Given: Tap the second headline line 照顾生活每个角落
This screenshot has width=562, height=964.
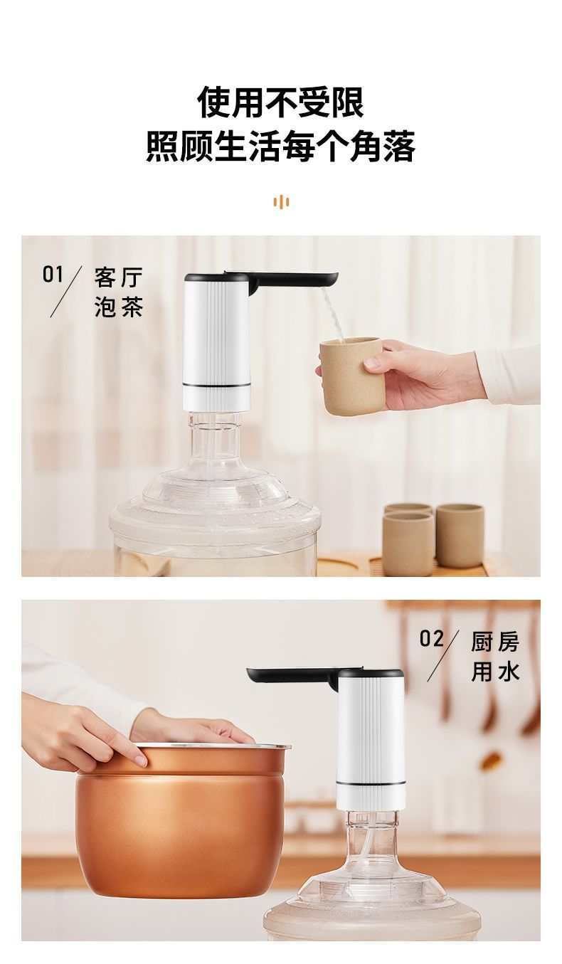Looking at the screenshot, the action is point(280,147).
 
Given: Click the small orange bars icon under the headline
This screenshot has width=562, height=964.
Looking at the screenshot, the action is point(281,202).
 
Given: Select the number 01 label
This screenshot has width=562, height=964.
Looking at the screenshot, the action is point(53,275).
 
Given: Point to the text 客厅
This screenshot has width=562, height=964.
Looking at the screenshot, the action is point(118,277).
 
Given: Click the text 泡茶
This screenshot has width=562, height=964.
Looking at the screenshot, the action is point(118,307).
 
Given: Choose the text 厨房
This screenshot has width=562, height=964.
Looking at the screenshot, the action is point(495,642).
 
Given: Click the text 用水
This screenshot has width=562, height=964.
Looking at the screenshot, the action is point(495,672).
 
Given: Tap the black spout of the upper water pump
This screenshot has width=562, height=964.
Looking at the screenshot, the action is point(292,280).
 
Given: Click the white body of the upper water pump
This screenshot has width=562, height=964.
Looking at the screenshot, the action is point(216,342).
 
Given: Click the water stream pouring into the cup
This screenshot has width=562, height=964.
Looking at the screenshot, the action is point(332,315).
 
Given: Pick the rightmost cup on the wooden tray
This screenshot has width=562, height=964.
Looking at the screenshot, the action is point(460,536).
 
